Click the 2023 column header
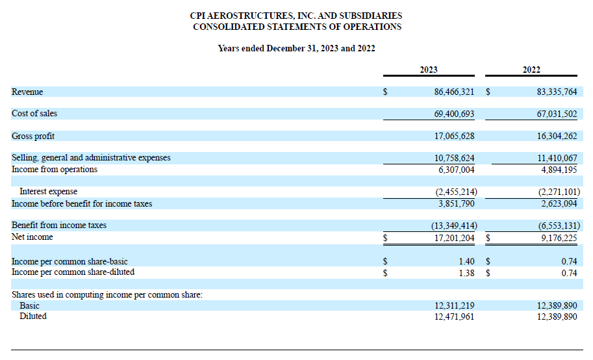(x=429, y=70)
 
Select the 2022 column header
(x=531, y=70)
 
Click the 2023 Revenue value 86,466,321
(x=454, y=92)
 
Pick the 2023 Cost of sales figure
(x=454, y=114)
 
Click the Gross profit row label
(x=33, y=136)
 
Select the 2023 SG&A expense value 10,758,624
(x=454, y=158)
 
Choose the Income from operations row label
(x=55, y=170)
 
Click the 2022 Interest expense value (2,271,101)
(x=556, y=192)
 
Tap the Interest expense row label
(x=48, y=192)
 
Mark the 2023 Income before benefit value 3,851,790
(x=454, y=203)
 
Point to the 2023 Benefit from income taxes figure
(x=453, y=225)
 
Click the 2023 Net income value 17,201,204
(x=454, y=238)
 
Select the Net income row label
(x=32, y=237)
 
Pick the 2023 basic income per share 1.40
(x=466, y=261)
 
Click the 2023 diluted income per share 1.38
(x=466, y=272)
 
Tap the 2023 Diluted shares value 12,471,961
(x=454, y=316)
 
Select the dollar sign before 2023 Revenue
(x=385, y=92)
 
